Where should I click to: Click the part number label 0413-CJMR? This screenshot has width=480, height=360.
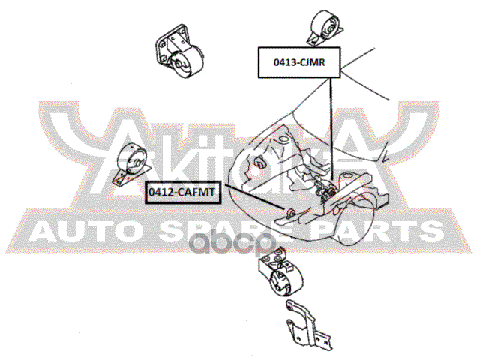click(299, 62)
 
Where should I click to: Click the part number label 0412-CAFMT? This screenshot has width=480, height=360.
click(182, 193)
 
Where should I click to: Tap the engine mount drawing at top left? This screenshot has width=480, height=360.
click(178, 51)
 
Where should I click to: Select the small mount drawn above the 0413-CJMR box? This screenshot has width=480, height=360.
click(325, 28)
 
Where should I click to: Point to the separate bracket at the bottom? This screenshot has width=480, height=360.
click(307, 325)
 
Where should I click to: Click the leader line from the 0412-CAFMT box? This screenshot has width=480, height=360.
click(255, 197)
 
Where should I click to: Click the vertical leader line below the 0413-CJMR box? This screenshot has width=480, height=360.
click(331, 128)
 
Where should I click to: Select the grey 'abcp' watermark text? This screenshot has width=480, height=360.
click(232, 242)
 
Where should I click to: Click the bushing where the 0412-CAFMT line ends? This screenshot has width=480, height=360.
click(290, 211)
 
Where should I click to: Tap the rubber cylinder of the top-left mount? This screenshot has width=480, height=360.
click(187, 62)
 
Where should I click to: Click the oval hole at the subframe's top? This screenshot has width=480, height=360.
click(283, 140)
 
